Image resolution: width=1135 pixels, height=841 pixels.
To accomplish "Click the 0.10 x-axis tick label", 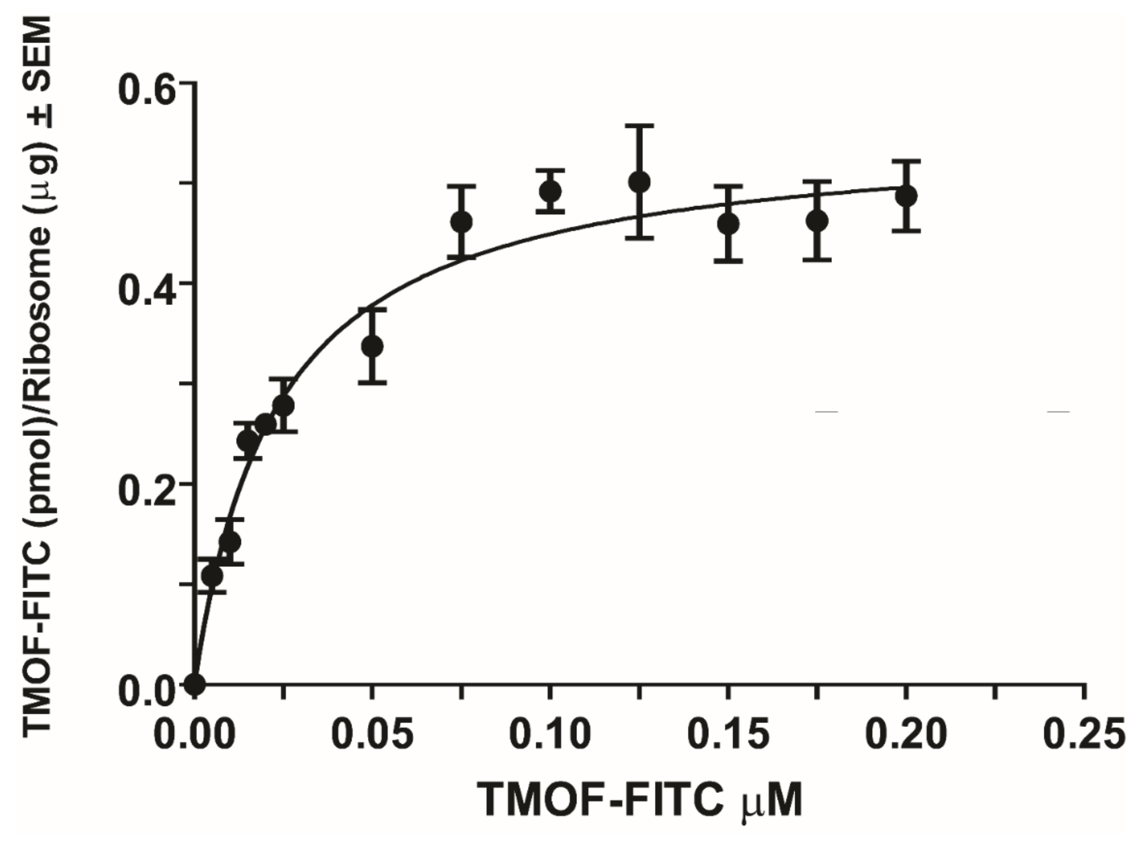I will [550, 734].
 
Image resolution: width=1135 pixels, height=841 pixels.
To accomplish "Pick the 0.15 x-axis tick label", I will [728, 734].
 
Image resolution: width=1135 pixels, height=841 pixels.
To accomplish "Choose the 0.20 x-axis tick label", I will [906, 734].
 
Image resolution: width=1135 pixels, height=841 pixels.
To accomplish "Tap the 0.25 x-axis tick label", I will [1084, 734].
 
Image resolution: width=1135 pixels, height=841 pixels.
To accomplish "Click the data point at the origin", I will [195, 684].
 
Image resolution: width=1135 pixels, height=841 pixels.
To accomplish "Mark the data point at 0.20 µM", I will [906, 196].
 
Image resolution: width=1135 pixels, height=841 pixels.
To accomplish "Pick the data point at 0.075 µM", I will [461, 222].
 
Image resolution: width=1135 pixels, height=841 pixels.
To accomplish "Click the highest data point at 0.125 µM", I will [640, 182].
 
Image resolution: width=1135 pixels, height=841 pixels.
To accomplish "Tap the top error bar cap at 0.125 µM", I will [640, 125].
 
